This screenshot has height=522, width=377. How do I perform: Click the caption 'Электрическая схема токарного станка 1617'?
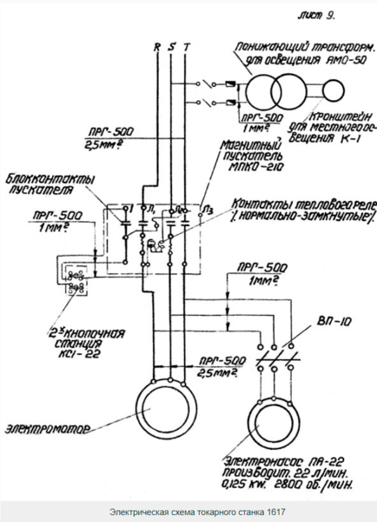[188, 511]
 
